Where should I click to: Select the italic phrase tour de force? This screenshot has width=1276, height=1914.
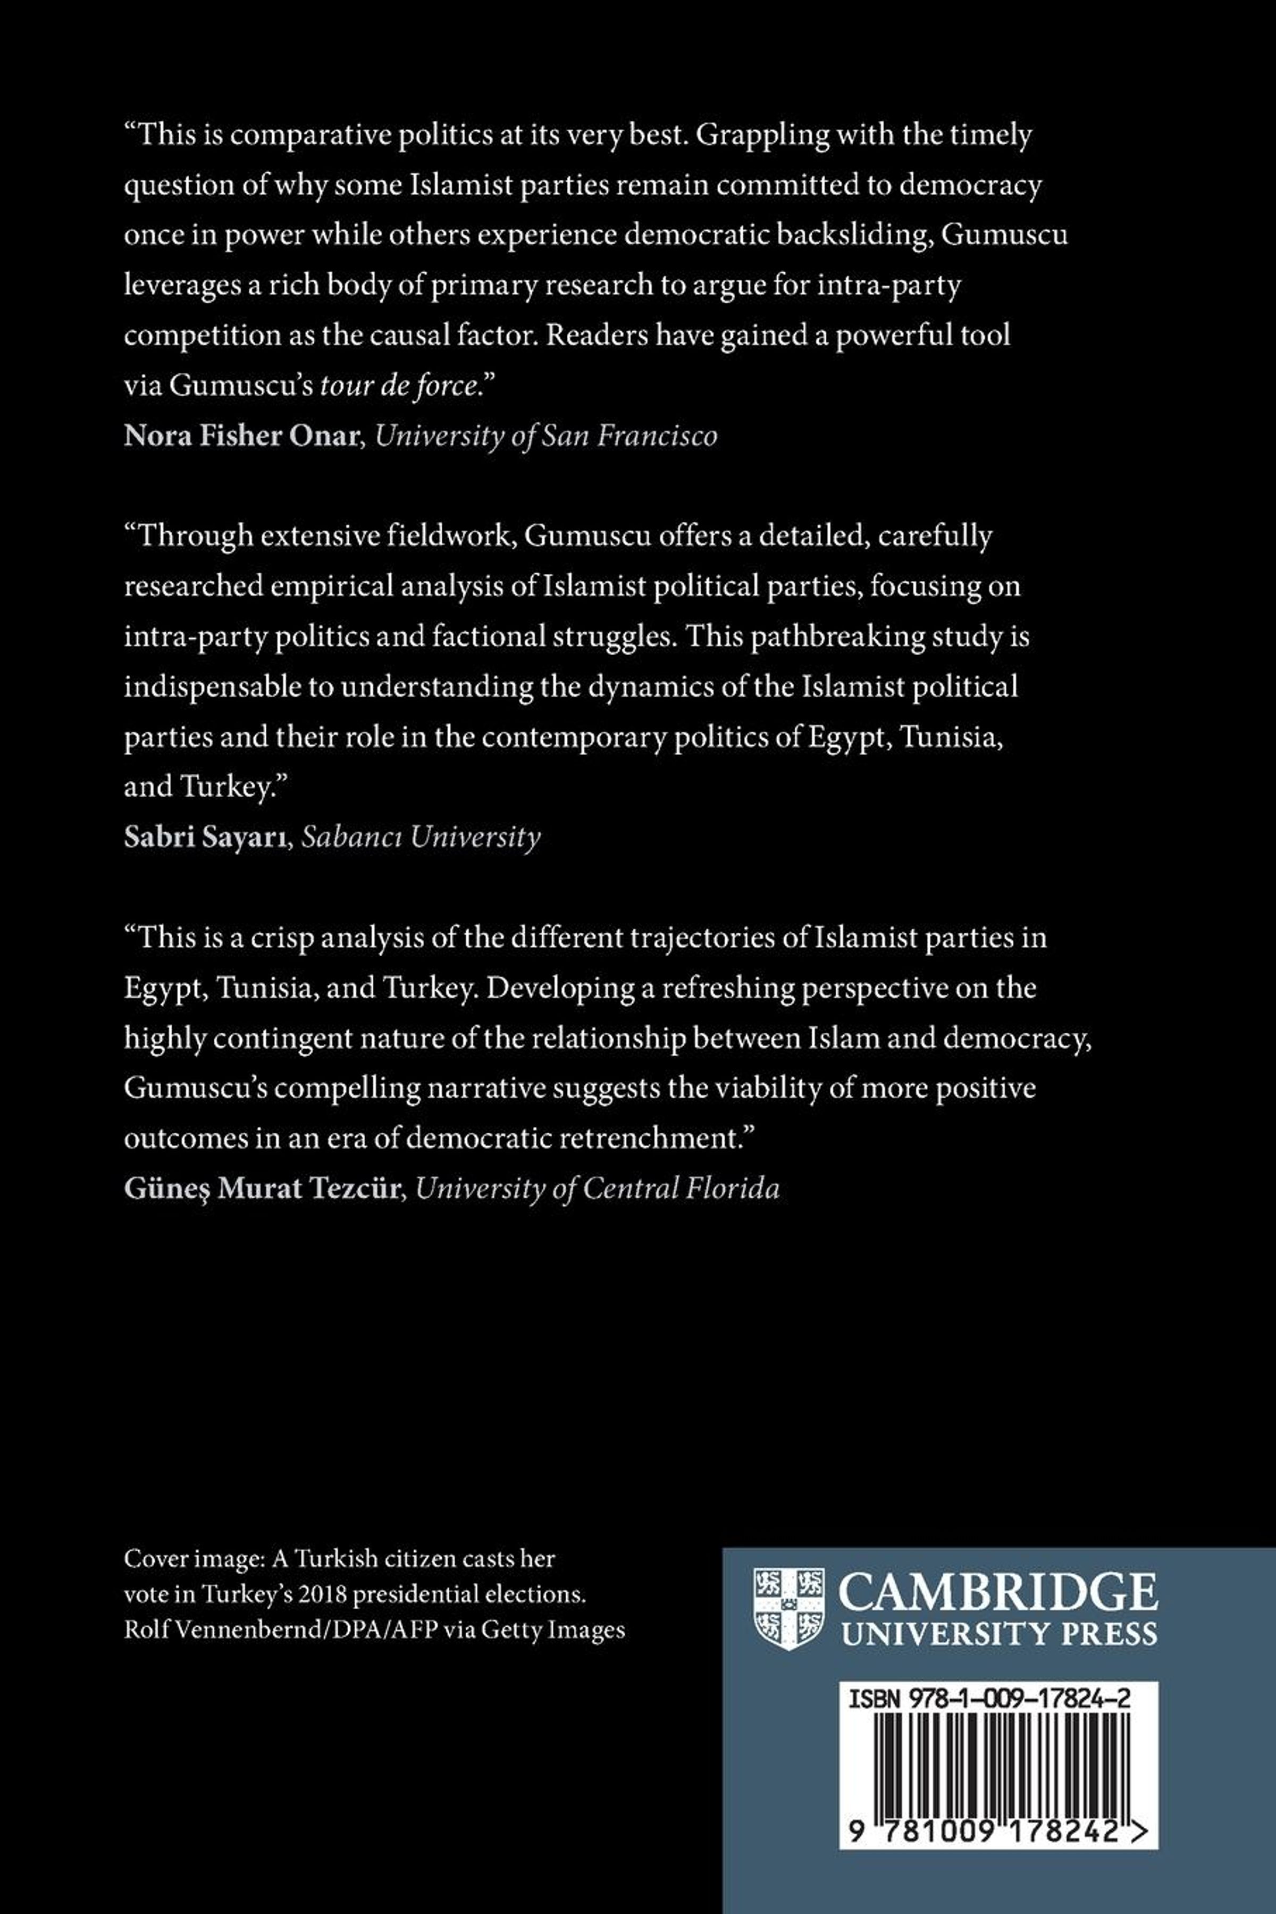(398, 386)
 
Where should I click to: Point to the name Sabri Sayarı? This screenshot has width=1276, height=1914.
(207, 838)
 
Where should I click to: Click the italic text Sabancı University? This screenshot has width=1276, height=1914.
(421, 838)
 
